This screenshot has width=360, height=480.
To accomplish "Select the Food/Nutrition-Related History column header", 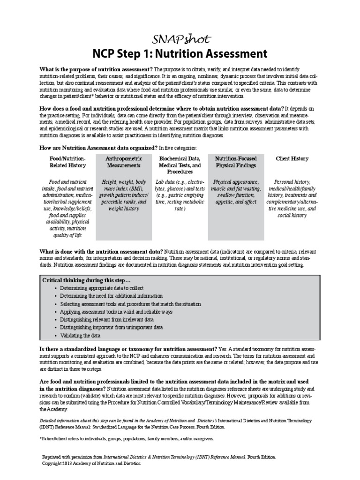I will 68,162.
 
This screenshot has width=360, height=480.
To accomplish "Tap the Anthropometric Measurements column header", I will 123,162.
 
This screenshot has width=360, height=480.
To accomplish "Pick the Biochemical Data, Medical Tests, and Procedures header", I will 180,165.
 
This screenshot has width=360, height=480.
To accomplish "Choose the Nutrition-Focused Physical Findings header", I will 236,162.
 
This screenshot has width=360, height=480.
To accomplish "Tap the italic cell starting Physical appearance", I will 236,191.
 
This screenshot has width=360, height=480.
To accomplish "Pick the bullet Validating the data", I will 80,336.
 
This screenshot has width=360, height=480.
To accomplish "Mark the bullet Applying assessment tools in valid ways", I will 116,312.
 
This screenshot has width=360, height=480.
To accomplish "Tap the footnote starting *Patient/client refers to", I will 127,439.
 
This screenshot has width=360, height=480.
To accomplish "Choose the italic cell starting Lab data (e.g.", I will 180,195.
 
